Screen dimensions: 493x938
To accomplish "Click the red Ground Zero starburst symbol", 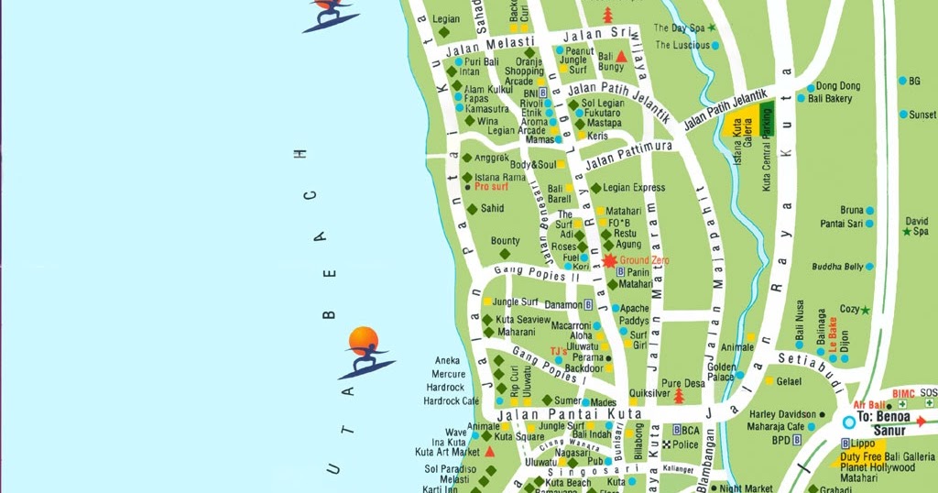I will coord(610,261).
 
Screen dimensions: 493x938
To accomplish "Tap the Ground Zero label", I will coord(645,261).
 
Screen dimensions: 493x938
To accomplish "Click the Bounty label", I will coord(505,241).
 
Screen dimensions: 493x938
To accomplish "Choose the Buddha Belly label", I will coord(837,267).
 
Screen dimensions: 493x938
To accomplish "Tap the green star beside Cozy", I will coord(866,310).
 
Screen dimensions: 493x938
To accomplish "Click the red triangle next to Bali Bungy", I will coord(621,57).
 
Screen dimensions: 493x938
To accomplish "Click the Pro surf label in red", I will coord(491,187).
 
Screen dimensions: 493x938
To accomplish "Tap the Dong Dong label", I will coord(837,86).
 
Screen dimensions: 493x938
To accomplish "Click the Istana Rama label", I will coord(500,177).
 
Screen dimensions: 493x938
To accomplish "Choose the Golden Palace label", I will coord(721,371).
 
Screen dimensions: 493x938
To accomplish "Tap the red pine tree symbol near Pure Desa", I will coord(679,395).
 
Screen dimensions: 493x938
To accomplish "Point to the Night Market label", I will coord(747,488).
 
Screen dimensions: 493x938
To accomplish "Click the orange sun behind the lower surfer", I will coord(364,338).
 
